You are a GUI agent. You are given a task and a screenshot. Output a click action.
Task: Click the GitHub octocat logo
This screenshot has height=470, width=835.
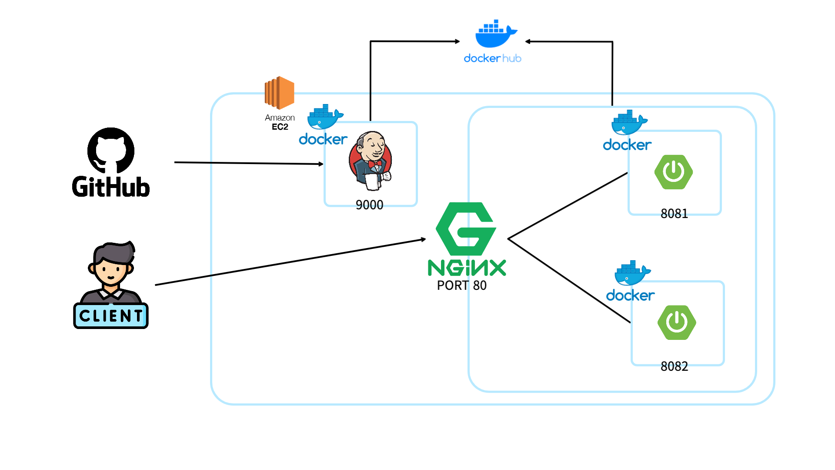111,151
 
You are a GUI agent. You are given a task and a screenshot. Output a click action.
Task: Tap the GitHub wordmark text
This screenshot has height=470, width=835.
111,187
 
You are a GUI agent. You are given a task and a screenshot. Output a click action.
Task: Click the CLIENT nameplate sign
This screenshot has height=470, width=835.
111,316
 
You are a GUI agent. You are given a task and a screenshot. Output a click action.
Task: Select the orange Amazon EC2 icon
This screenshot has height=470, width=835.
280,93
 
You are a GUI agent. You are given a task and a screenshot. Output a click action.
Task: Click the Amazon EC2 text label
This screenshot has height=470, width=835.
280,122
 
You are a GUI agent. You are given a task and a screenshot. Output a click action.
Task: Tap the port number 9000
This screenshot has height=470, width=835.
369,205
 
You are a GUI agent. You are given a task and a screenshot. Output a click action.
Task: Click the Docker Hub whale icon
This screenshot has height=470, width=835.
496,34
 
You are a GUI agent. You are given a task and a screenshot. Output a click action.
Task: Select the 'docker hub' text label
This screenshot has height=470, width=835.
493,58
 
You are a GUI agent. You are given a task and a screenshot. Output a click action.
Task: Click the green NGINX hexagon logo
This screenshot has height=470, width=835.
466,229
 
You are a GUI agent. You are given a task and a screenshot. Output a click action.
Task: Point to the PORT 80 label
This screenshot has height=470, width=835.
462,285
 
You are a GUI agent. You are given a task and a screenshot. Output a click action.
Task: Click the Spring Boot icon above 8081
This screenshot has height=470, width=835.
674,172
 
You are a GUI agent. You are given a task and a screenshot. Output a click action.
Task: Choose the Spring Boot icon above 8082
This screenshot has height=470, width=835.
677,322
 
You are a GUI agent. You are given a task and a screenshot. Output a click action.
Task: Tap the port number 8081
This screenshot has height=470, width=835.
674,214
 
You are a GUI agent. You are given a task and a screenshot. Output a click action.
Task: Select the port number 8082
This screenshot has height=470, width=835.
674,366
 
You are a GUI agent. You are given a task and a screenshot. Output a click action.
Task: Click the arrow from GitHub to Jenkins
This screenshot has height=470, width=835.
249,163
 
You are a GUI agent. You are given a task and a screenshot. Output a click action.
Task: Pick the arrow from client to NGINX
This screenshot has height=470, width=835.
291,262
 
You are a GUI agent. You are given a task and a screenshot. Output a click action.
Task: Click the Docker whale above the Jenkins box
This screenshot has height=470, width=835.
325,117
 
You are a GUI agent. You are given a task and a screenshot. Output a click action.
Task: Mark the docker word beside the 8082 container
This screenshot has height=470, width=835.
630,295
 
